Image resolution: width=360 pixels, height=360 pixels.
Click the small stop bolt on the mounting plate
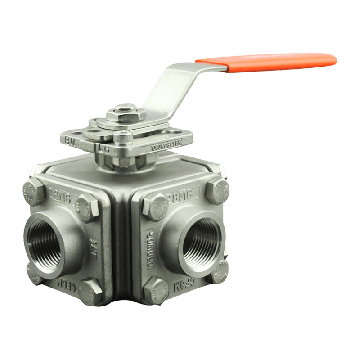pos(120,135)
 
